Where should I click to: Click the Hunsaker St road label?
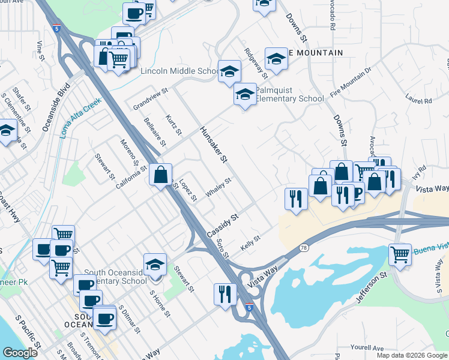coord(214,145)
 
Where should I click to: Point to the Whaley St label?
coord(218,188)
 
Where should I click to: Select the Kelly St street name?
coord(250,244)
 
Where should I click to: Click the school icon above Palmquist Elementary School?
coord(245,95)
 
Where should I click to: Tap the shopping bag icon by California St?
coord(161,176)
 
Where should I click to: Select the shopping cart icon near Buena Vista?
coord(400,254)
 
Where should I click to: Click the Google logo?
coord(20,353)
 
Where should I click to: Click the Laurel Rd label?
coord(418,98)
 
